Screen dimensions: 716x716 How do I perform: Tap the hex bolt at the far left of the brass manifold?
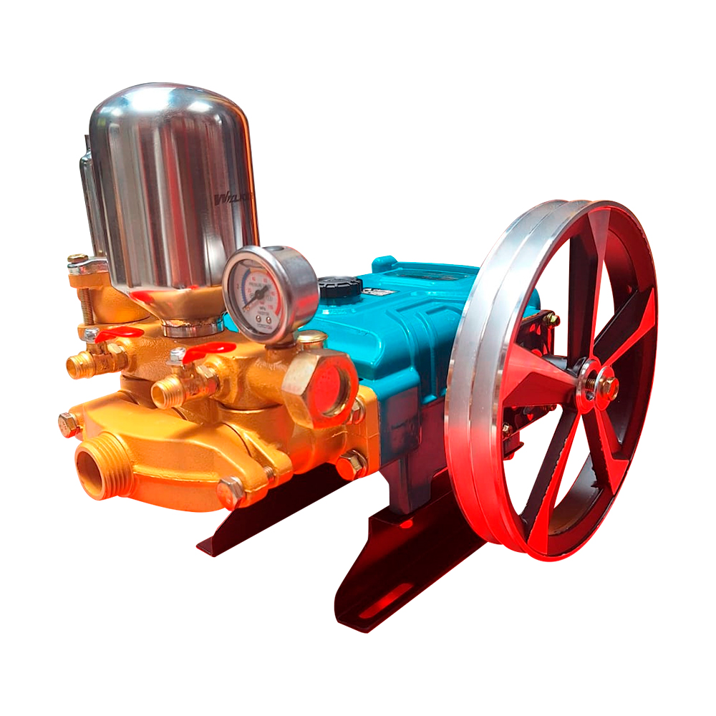point(69,425)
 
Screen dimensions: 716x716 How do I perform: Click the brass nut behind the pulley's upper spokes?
point(550,319)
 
